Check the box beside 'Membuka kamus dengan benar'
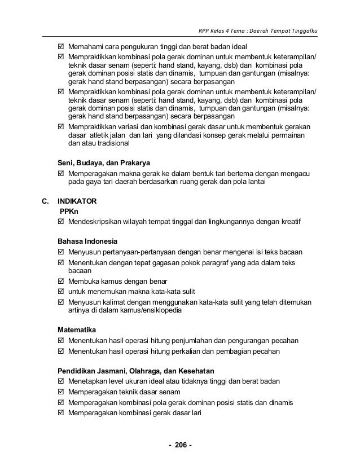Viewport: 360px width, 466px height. (x=62, y=281)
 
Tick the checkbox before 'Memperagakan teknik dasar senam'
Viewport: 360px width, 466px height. (x=62, y=392)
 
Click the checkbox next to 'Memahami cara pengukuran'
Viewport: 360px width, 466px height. (x=62, y=46)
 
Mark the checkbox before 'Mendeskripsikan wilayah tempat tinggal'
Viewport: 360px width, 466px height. (x=62, y=221)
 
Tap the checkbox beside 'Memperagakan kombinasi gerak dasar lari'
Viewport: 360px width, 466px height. (x=62, y=412)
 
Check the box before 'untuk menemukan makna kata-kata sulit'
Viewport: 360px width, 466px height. (x=62, y=291)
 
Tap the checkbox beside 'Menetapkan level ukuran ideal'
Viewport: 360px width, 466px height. (x=62, y=381)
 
